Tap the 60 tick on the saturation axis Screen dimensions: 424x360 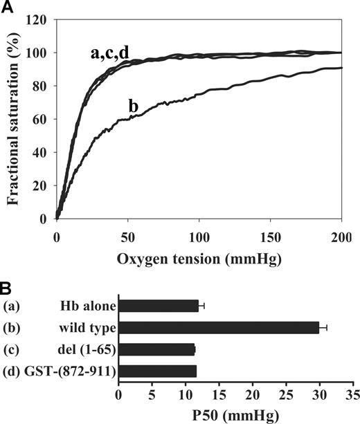(40, 120)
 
